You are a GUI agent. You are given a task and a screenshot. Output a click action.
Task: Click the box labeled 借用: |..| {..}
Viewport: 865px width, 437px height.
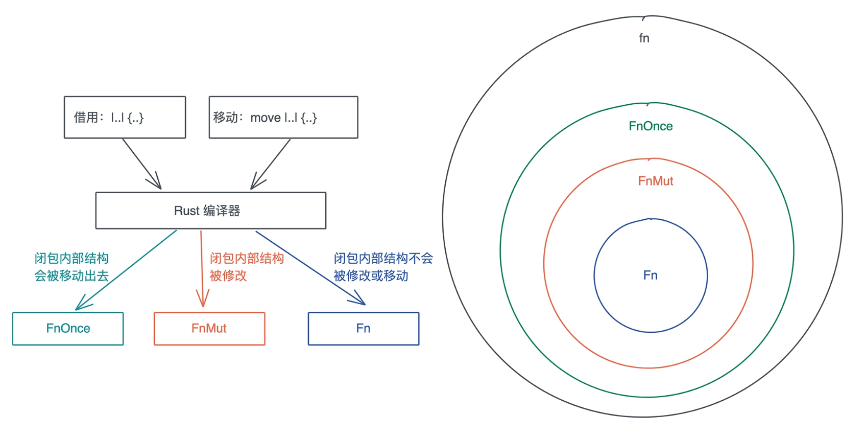[125, 117]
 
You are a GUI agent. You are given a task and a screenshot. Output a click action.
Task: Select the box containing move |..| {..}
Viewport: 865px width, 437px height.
[283, 117]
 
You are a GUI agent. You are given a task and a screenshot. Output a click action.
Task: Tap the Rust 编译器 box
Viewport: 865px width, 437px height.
[210, 211]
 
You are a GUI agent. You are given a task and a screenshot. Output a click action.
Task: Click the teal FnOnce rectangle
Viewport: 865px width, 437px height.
[68, 329]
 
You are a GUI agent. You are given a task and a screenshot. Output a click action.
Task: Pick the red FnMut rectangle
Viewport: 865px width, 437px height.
[209, 329]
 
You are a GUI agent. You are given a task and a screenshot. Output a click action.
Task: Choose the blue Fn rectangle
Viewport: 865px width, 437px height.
[364, 329]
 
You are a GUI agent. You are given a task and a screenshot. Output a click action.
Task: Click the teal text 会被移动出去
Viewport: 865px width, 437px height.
[71, 276]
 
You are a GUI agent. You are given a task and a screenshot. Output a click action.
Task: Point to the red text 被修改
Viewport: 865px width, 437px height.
[228, 276]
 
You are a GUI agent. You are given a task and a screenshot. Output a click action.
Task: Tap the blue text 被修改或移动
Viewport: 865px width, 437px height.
[371, 276]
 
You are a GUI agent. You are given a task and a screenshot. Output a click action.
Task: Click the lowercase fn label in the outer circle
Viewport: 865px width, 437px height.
[644, 38]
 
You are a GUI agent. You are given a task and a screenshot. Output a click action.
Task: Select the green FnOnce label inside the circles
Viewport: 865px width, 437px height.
[651, 126]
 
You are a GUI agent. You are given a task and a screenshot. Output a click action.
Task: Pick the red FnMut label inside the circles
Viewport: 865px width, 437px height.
[656, 181]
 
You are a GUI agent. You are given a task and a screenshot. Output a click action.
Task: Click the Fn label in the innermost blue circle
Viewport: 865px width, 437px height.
[651, 275]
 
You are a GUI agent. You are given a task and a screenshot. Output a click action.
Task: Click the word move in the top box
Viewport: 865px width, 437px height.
[266, 118]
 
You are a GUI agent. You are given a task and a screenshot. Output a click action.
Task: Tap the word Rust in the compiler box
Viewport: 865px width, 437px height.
[186, 211]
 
